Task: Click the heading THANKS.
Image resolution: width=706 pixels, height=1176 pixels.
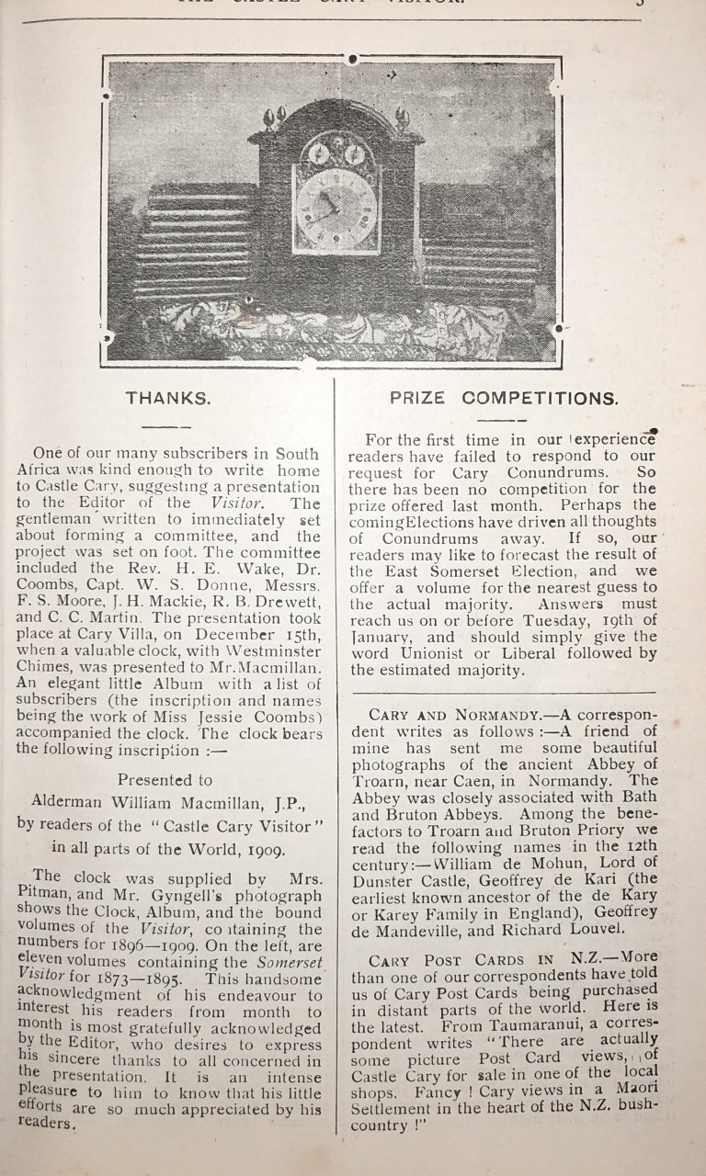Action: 168,399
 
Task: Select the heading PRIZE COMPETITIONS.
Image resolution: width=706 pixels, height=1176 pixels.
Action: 503,399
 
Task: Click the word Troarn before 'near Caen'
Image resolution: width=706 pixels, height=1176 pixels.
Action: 380,781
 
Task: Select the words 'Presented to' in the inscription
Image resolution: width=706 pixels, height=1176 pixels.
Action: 165,779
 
